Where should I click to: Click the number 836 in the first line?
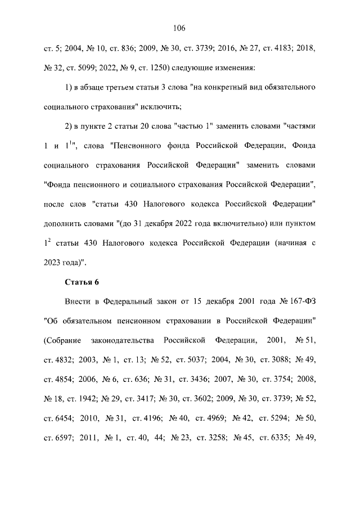coord(121,49)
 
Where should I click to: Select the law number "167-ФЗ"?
coord(302,303)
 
